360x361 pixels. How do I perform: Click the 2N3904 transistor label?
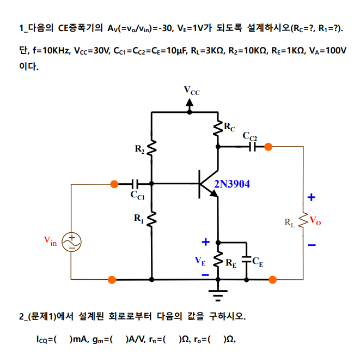(x=232, y=184)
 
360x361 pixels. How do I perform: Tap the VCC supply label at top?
(x=191, y=91)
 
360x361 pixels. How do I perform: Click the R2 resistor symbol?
(x=151, y=148)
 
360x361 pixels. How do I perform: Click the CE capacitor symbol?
(x=246, y=260)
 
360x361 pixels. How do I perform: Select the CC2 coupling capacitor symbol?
(x=253, y=146)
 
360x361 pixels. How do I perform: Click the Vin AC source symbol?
(x=71, y=242)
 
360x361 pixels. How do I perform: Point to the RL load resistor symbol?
(x=303, y=219)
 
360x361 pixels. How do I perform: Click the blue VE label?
(x=200, y=261)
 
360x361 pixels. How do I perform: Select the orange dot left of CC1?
(x=114, y=184)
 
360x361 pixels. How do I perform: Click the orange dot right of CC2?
(x=268, y=146)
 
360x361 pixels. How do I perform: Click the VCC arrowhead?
(x=190, y=102)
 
